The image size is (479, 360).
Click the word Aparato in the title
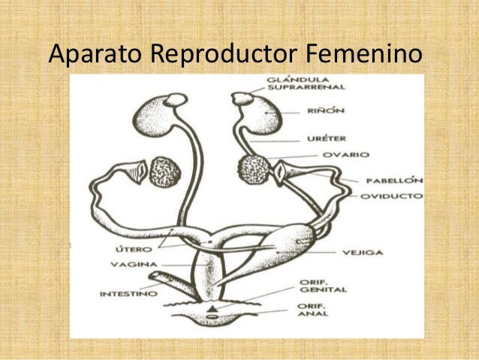point(95,54)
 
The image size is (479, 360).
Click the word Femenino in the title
point(364,53)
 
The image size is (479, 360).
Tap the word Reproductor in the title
point(224,54)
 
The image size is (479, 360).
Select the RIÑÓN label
point(326,110)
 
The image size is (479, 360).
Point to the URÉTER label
point(327,138)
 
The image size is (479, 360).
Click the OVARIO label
point(346,155)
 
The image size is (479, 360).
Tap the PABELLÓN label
point(394,180)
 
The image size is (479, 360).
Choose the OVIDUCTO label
point(392,196)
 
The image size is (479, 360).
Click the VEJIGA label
point(363,253)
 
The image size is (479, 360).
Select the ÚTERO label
point(134,250)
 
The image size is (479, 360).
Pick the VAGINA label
point(134,265)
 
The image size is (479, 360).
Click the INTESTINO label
point(128,294)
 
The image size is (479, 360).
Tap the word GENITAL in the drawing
point(323,289)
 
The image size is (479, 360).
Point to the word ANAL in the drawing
point(313,313)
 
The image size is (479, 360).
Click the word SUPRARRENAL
point(306,87)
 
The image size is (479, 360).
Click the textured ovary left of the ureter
point(165,172)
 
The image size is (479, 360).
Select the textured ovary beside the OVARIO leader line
point(255,169)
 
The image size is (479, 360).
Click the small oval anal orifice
point(212,316)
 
